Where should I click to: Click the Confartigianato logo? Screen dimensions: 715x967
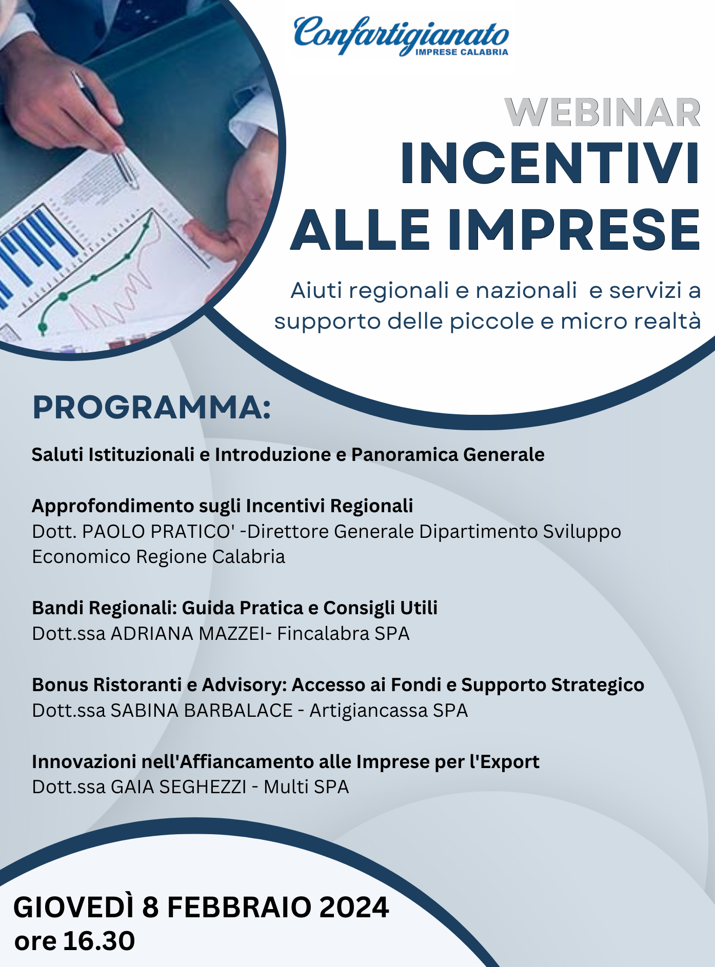(401, 35)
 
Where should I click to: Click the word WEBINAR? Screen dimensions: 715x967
(603, 112)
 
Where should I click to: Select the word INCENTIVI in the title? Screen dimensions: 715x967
(550, 163)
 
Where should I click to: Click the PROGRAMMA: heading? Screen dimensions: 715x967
(152, 408)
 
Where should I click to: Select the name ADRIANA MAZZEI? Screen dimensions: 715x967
(188, 634)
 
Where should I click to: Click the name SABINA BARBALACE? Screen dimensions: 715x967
(202, 711)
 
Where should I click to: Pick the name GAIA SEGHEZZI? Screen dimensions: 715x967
(178, 787)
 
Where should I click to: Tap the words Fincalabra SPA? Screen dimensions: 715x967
(343, 634)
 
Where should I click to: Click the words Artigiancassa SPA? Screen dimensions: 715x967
(389, 711)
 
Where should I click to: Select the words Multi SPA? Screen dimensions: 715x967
(306, 787)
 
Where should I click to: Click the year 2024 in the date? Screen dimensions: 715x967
(354, 907)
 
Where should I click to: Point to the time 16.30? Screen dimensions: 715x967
(99, 941)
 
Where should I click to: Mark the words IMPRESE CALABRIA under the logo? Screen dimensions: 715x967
(462, 52)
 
